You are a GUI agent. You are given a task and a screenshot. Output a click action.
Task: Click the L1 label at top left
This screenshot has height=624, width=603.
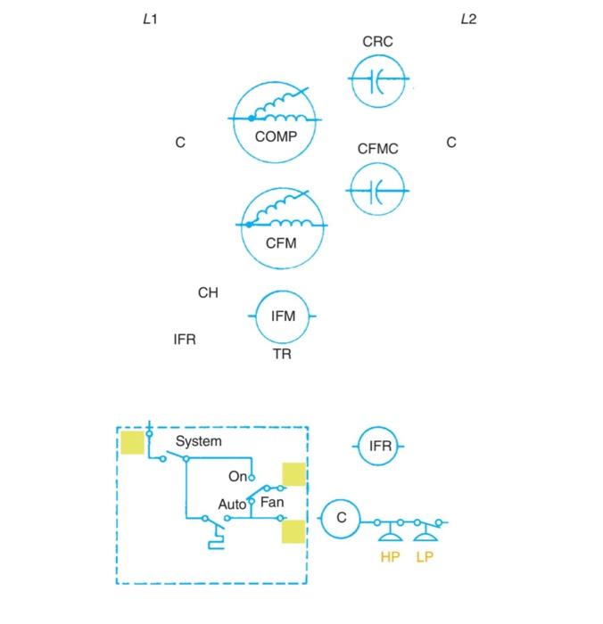coord(150,19)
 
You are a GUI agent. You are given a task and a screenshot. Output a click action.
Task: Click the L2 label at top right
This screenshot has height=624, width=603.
coord(468,19)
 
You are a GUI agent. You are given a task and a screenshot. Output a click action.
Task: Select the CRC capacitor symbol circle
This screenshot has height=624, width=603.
coord(378,79)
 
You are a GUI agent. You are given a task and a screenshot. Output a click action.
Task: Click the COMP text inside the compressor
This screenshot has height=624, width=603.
coord(276,136)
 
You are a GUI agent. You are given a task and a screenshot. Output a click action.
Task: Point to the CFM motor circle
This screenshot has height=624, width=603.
coord(281,227)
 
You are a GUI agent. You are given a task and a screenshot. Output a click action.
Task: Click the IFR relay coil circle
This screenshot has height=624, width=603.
coord(380,446)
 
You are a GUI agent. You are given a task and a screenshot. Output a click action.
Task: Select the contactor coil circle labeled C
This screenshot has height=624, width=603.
coord(339,518)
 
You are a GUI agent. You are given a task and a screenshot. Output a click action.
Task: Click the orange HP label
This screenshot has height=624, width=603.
coord(390,558)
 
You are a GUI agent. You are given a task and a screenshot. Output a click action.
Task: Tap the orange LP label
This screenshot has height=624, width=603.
coord(425,558)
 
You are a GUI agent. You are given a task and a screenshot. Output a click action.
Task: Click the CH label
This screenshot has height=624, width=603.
coord(208,292)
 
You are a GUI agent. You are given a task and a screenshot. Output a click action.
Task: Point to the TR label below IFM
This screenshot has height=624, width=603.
coord(282,354)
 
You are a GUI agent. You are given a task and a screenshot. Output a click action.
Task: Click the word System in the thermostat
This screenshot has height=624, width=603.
coord(199,441)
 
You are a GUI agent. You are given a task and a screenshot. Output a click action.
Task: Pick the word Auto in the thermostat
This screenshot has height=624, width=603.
coord(232,505)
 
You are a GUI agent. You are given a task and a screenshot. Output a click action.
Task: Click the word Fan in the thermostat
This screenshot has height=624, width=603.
coord(272,503)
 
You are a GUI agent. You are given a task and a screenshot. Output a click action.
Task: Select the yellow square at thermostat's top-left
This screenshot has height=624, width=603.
coord(133,442)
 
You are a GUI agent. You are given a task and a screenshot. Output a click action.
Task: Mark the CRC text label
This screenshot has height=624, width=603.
coord(377,41)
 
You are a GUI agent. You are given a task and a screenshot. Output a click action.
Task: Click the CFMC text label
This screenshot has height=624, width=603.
coord(377,149)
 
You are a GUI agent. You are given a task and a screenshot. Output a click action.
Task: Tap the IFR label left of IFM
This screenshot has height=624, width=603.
coord(185,339)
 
